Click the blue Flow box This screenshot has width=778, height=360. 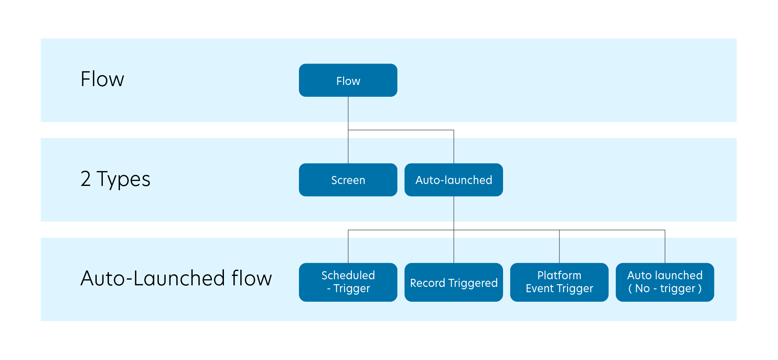pos(348,80)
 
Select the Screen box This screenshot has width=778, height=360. pos(348,180)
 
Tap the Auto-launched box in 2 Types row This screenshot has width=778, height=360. pos(454,180)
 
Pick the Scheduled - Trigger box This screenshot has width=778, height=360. pos(348,282)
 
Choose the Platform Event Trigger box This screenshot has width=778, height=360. pos(559,282)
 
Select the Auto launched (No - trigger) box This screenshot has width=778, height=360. pos(665,282)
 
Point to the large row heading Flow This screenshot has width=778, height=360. pos(102,79)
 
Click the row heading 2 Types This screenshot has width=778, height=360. pos(115,179)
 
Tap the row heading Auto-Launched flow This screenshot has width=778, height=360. pos(176,278)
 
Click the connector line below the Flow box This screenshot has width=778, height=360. pos(348,109)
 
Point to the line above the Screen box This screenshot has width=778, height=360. pos(348,150)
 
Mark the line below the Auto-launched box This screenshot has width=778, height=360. pos(454,209)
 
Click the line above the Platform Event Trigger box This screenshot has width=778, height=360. pos(559,250)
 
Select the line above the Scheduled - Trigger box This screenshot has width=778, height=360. pos(348,250)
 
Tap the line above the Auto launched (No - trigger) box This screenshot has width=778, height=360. pos(665,250)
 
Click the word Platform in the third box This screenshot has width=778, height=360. pos(559,275)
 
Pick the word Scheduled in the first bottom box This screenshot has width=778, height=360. pos(348,275)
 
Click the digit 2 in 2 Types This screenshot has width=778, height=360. pos(86,179)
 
